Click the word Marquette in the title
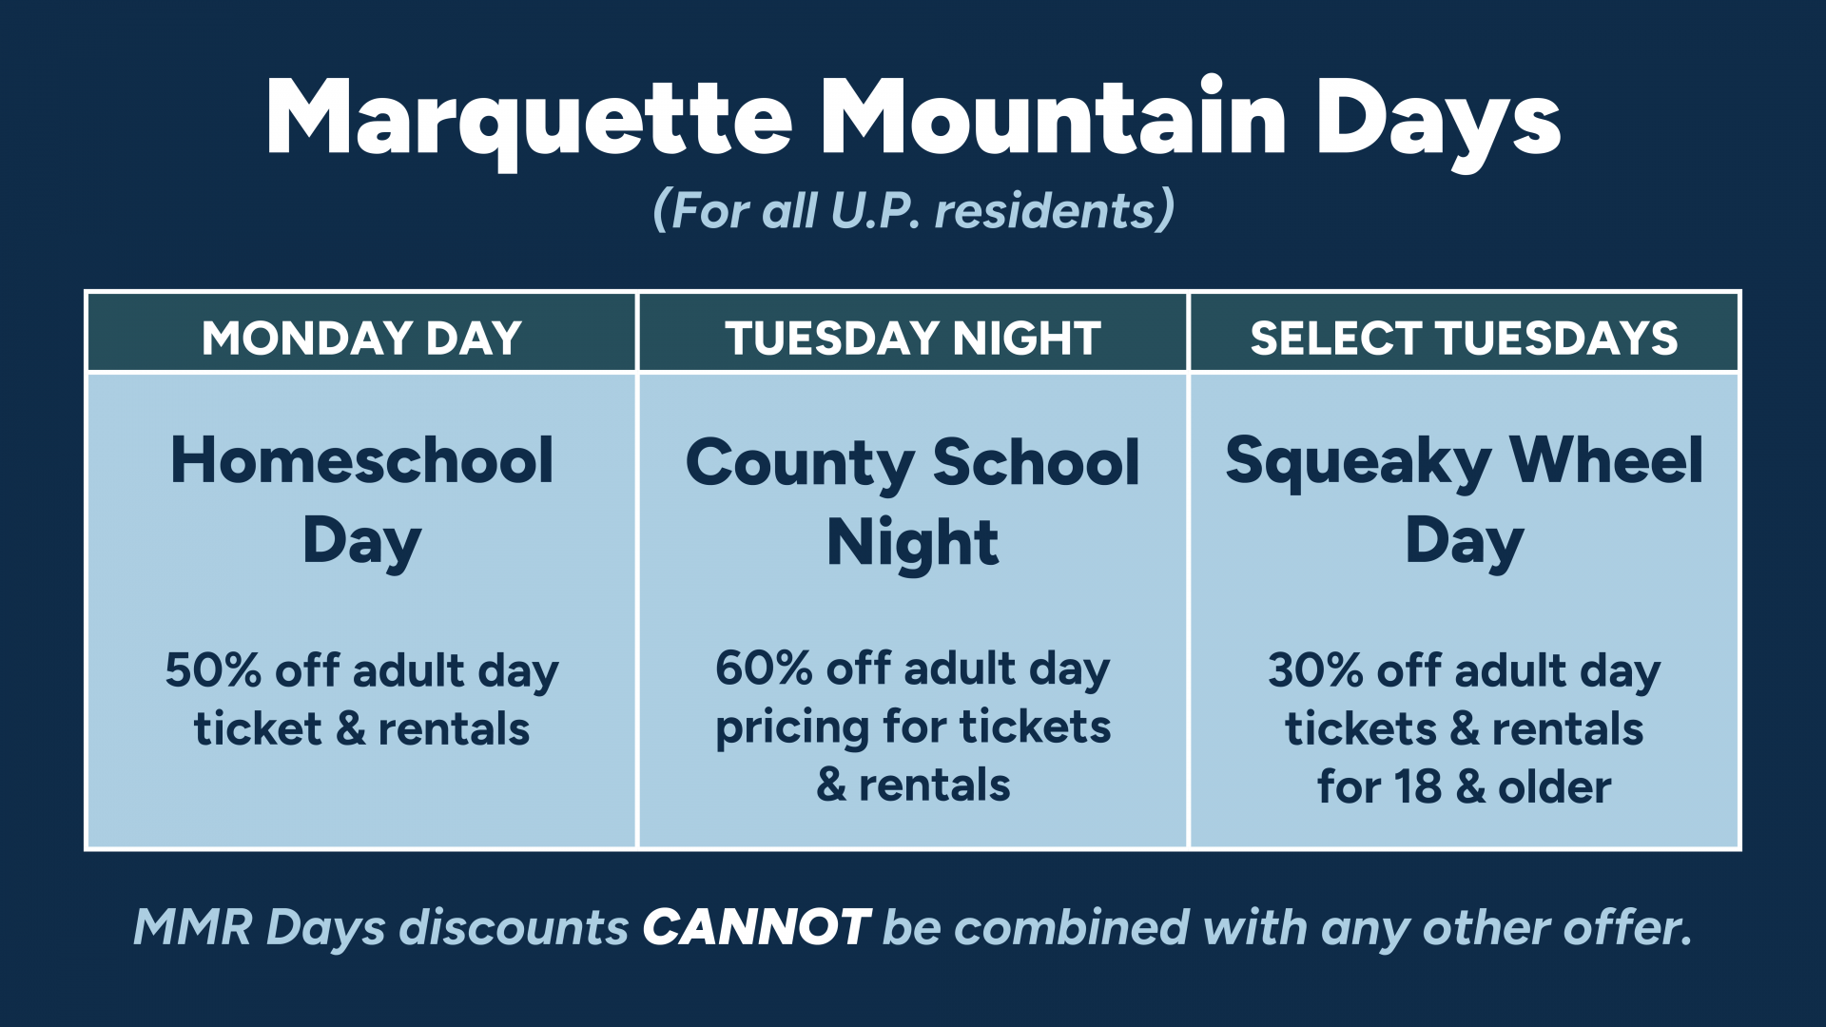pyautogui.click(x=530, y=121)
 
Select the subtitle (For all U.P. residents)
pyautogui.click(x=913, y=209)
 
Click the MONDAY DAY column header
pyautogui.click(x=361, y=338)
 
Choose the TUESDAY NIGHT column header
pyautogui.click(x=913, y=338)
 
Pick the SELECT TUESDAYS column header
pyautogui.click(x=1465, y=338)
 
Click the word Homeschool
pyautogui.click(x=361, y=460)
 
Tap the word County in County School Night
pyautogui.click(x=799, y=465)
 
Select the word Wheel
pyautogui.click(x=1606, y=460)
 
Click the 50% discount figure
pyautogui.click(x=213, y=670)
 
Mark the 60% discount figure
pyautogui.click(x=764, y=669)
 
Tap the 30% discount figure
pyautogui.click(x=1316, y=670)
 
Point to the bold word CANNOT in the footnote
pyautogui.click(x=756, y=927)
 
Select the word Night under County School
pyautogui.click(x=913, y=544)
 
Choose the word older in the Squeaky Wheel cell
pyautogui.click(x=1555, y=787)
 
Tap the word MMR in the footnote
pyautogui.click(x=193, y=927)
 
